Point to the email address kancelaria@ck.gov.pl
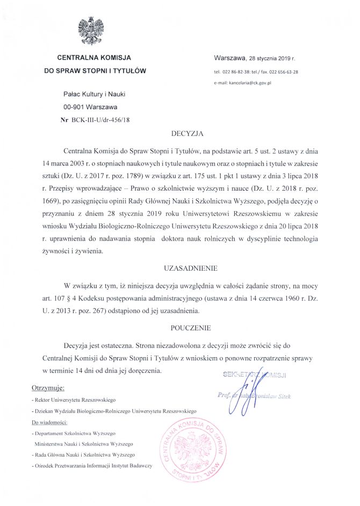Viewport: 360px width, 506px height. pos(250,83)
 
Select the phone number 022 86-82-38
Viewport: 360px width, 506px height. pos(239,71)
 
